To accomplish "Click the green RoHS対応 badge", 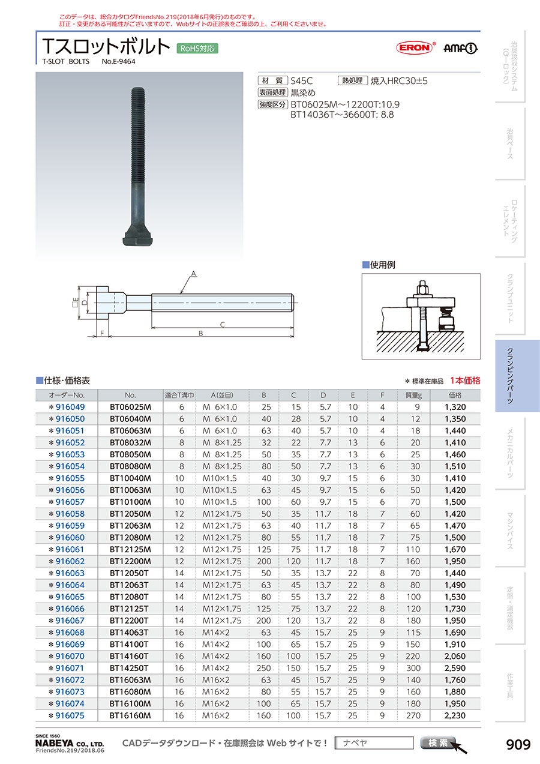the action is pyautogui.click(x=197, y=49).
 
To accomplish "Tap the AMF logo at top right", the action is pyautogui.click(x=461, y=49).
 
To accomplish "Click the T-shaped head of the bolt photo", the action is pyautogui.click(x=138, y=235).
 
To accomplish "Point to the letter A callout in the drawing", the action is pyautogui.click(x=194, y=274).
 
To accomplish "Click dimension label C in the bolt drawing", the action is pyautogui.click(x=222, y=324).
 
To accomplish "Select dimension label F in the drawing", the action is pyautogui.click(x=102, y=333).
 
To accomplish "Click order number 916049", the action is pyautogui.click(x=70, y=407).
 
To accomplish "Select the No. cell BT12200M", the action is pyautogui.click(x=130, y=561).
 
